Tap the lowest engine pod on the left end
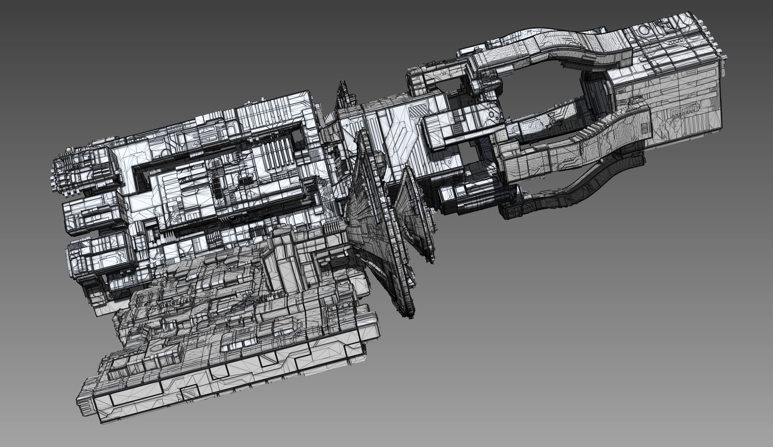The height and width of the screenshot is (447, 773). click(x=98, y=255)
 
